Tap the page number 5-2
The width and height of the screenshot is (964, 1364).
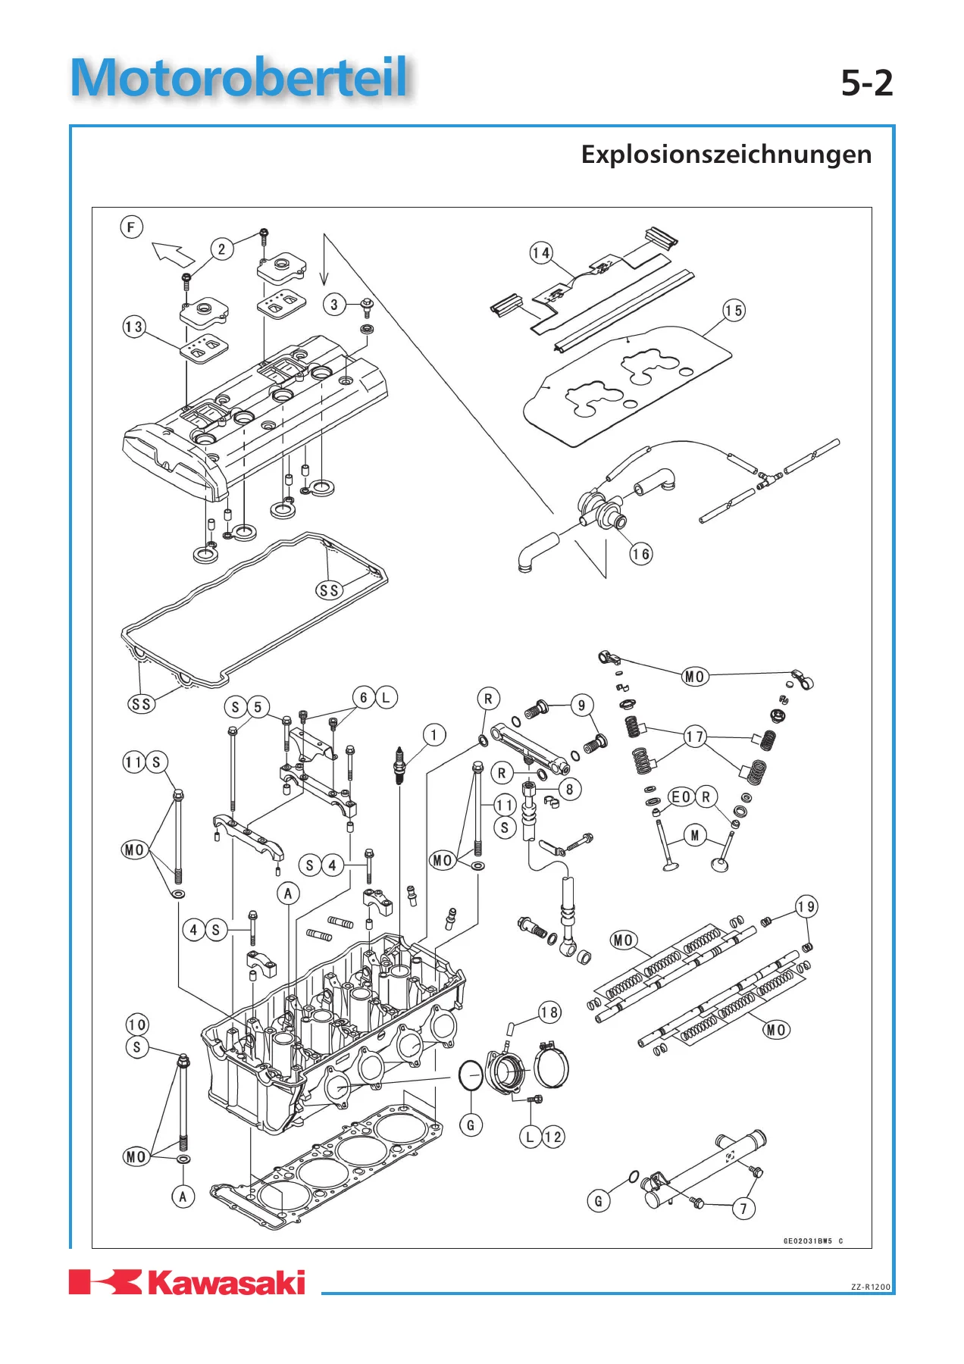pyautogui.click(x=867, y=83)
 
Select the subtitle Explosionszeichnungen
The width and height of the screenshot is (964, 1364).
pyautogui.click(x=726, y=155)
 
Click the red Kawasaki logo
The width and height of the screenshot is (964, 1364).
pyautogui.click(x=187, y=1282)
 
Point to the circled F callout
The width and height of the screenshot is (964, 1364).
pyautogui.click(x=132, y=227)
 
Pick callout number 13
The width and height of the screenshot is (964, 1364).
pyautogui.click(x=134, y=327)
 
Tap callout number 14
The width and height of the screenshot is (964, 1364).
pyautogui.click(x=541, y=252)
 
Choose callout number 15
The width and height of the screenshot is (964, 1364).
pyautogui.click(x=734, y=311)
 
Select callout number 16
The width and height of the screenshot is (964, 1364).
pyautogui.click(x=641, y=554)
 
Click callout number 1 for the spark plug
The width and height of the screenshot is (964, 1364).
pyautogui.click(x=434, y=734)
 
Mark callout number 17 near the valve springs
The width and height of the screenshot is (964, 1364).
pyautogui.click(x=695, y=737)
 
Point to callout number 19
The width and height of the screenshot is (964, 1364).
pyautogui.click(x=806, y=906)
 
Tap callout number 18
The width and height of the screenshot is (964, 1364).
pyautogui.click(x=549, y=1012)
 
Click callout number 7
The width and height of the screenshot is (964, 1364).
pyautogui.click(x=743, y=1209)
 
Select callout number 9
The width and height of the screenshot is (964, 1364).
pyautogui.click(x=581, y=705)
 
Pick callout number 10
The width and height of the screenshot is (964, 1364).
pyautogui.click(x=137, y=1025)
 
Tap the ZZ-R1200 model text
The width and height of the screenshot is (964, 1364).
pyautogui.click(x=871, y=1287)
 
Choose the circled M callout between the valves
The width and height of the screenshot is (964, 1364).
pyautogui.click(x=695, y=836)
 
